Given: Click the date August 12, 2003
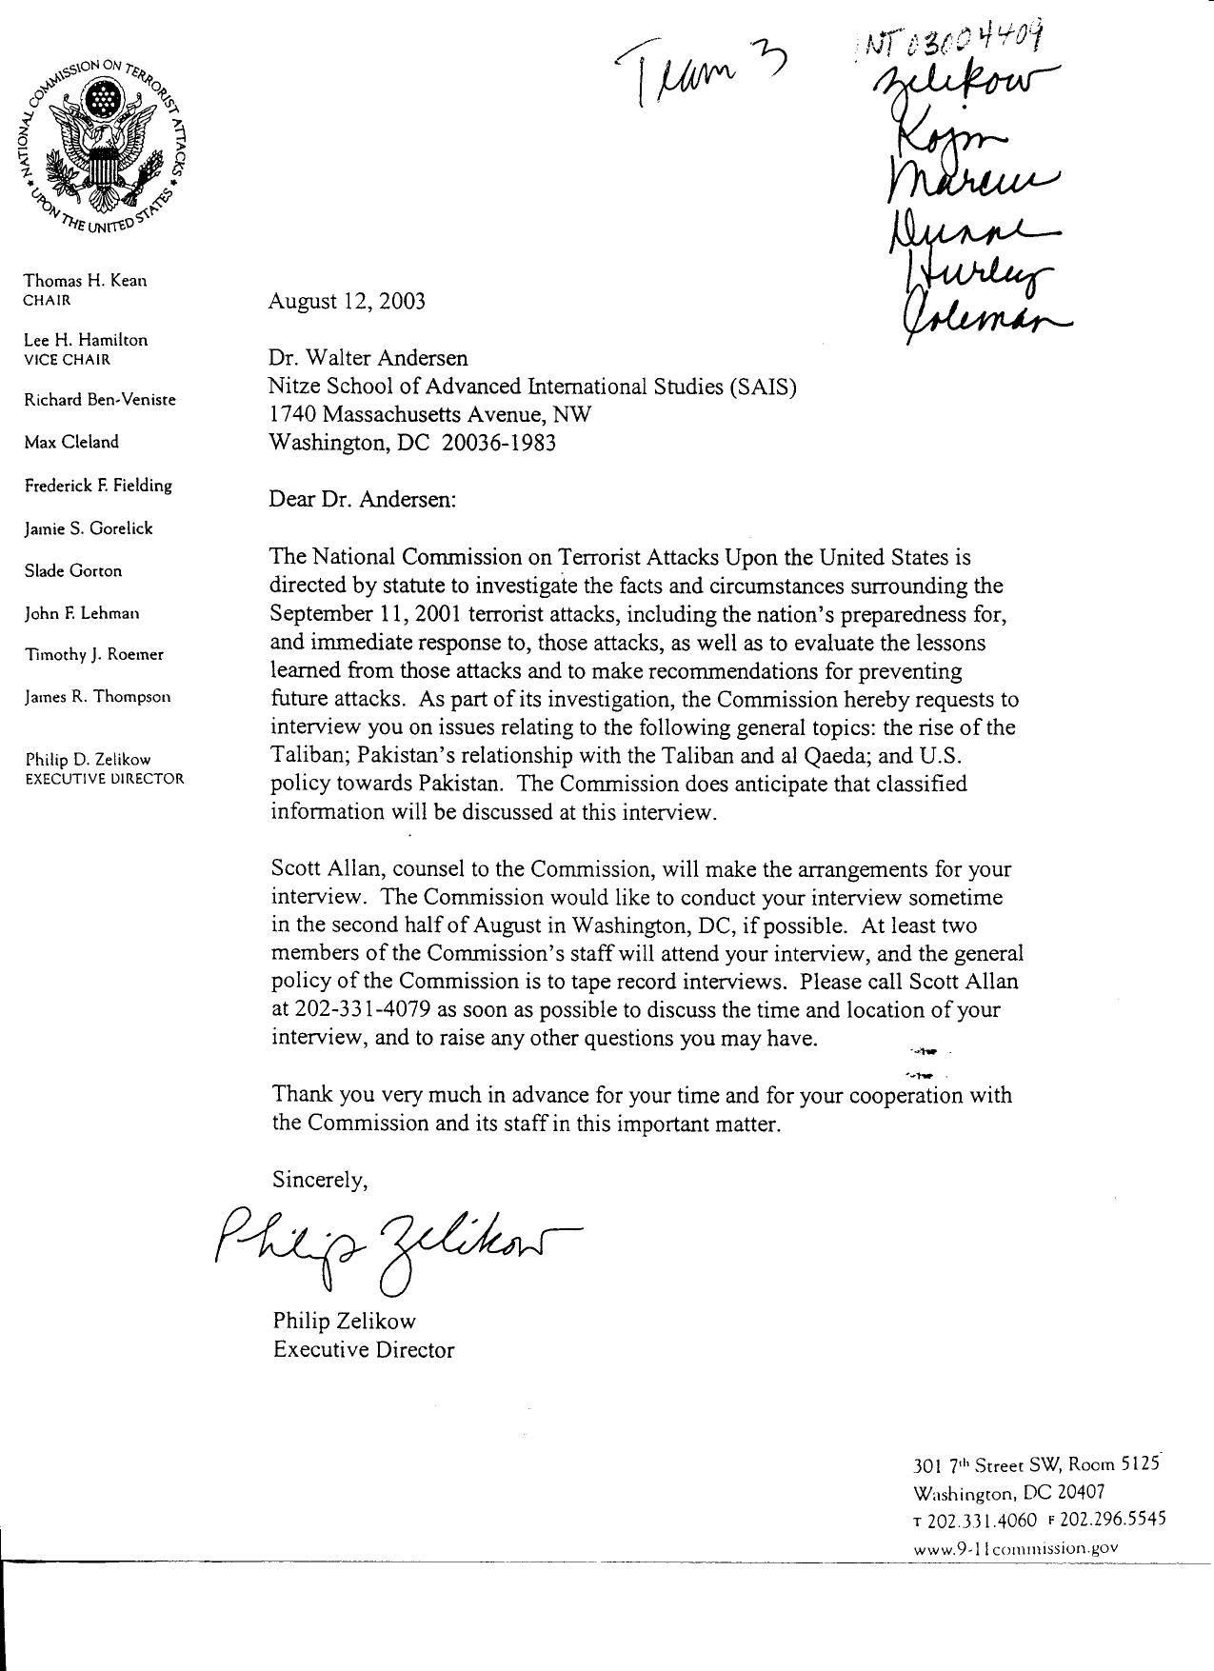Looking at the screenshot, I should click(347, 302).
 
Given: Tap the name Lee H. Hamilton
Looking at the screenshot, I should click(86, 340).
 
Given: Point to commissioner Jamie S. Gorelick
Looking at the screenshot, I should click(88, 528).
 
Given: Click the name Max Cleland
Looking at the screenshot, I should click(71, 442).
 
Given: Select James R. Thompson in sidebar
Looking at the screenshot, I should click(97, 697).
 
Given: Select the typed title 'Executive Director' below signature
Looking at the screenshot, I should click(363, 1350).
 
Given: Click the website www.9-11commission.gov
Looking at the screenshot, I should click(1015, 1548).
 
